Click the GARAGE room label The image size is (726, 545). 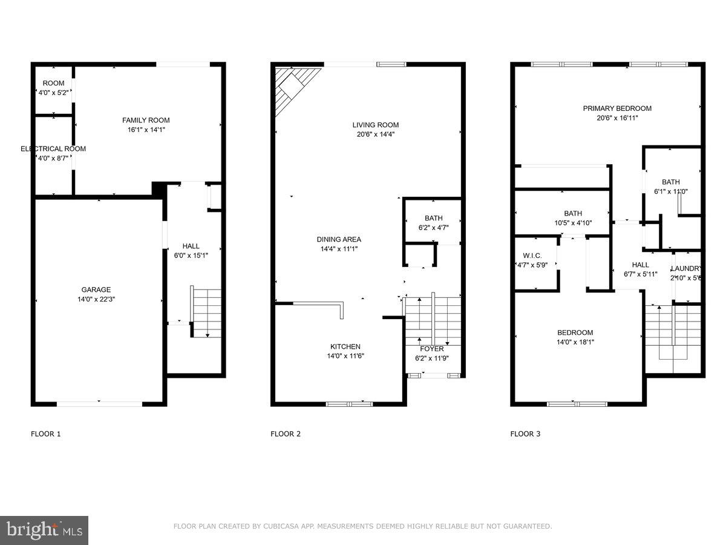tap(96, 289)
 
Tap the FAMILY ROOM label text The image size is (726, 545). tap(146, 120)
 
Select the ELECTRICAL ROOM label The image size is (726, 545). tap(53, 148)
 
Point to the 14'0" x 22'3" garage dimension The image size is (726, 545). tap(96, 299)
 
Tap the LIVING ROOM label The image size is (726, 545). tap(376, 125)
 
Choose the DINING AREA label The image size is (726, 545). tap(339, 239)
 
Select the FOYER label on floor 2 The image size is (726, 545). tap(432, 349)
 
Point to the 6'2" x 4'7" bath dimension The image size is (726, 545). tap(433, 228)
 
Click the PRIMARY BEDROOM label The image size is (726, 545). tap(617, 108)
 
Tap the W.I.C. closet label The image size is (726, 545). tap(532, 256)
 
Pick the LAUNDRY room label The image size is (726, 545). tap(687, 269)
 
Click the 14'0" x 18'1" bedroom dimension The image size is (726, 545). tap(575, 342)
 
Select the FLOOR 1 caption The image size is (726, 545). tap(46, 434)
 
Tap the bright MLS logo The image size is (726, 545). tap(44, 530)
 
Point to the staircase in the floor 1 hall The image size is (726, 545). tap(206, 312)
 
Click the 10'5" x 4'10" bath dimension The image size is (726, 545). tap(573, 222)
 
